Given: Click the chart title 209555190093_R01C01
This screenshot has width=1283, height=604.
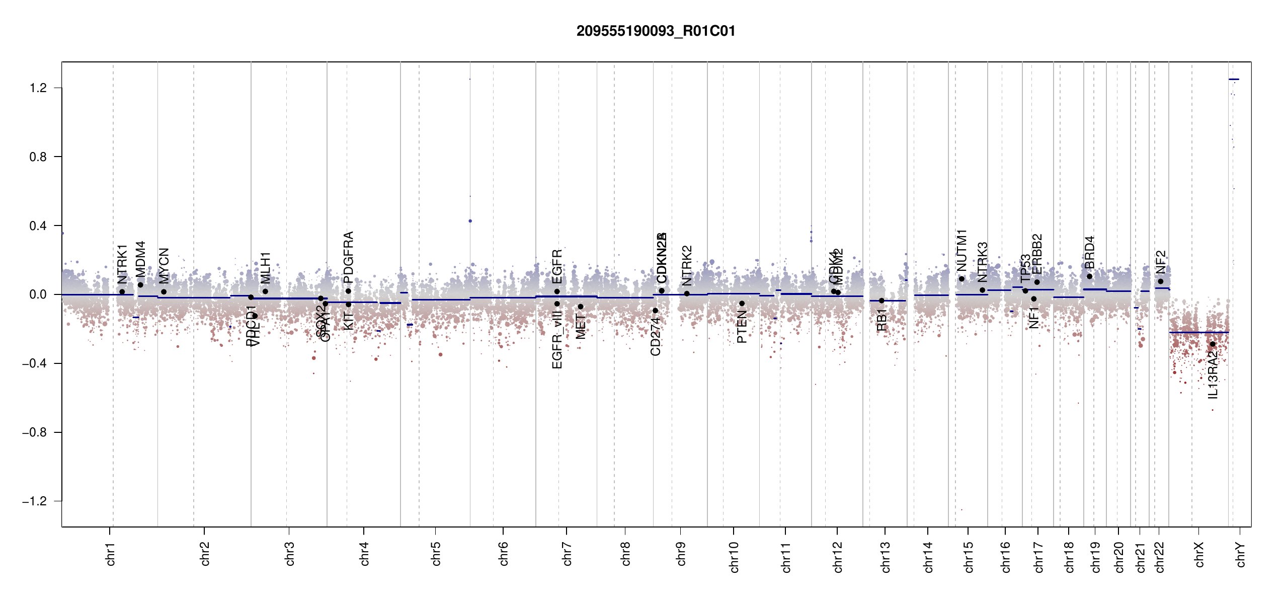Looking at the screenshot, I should [x=656, y=31].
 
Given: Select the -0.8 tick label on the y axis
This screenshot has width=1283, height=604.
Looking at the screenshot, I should [x=35, y=432].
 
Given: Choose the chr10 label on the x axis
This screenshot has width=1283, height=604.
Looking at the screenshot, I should [x=734, y=557].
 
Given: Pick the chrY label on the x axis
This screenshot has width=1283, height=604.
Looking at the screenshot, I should [x=1241, y=554].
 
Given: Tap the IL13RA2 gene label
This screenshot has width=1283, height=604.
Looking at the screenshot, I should [x=1213, y=375].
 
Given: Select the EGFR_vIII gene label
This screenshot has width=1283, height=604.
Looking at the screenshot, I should [x=557, y=340].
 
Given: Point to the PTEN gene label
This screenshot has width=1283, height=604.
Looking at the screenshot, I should [x=742, y=327].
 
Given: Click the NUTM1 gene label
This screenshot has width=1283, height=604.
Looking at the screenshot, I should [x=961, y=250].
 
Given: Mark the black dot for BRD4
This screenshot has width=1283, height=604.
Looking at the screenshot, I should [x=1089, y=276].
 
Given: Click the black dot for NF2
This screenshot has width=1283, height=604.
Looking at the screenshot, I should [x=1160, y=281].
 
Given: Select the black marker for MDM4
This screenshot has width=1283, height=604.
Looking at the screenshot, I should [x=140, y=285].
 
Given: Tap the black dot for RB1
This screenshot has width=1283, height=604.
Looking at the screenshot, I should [x=881, y=300].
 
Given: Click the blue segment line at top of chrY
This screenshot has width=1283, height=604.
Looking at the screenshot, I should [x=1234, y=80].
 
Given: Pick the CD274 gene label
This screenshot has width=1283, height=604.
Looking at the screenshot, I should [x=655, y=336].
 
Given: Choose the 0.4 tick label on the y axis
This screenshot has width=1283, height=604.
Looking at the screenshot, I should [x=38, y=226].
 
